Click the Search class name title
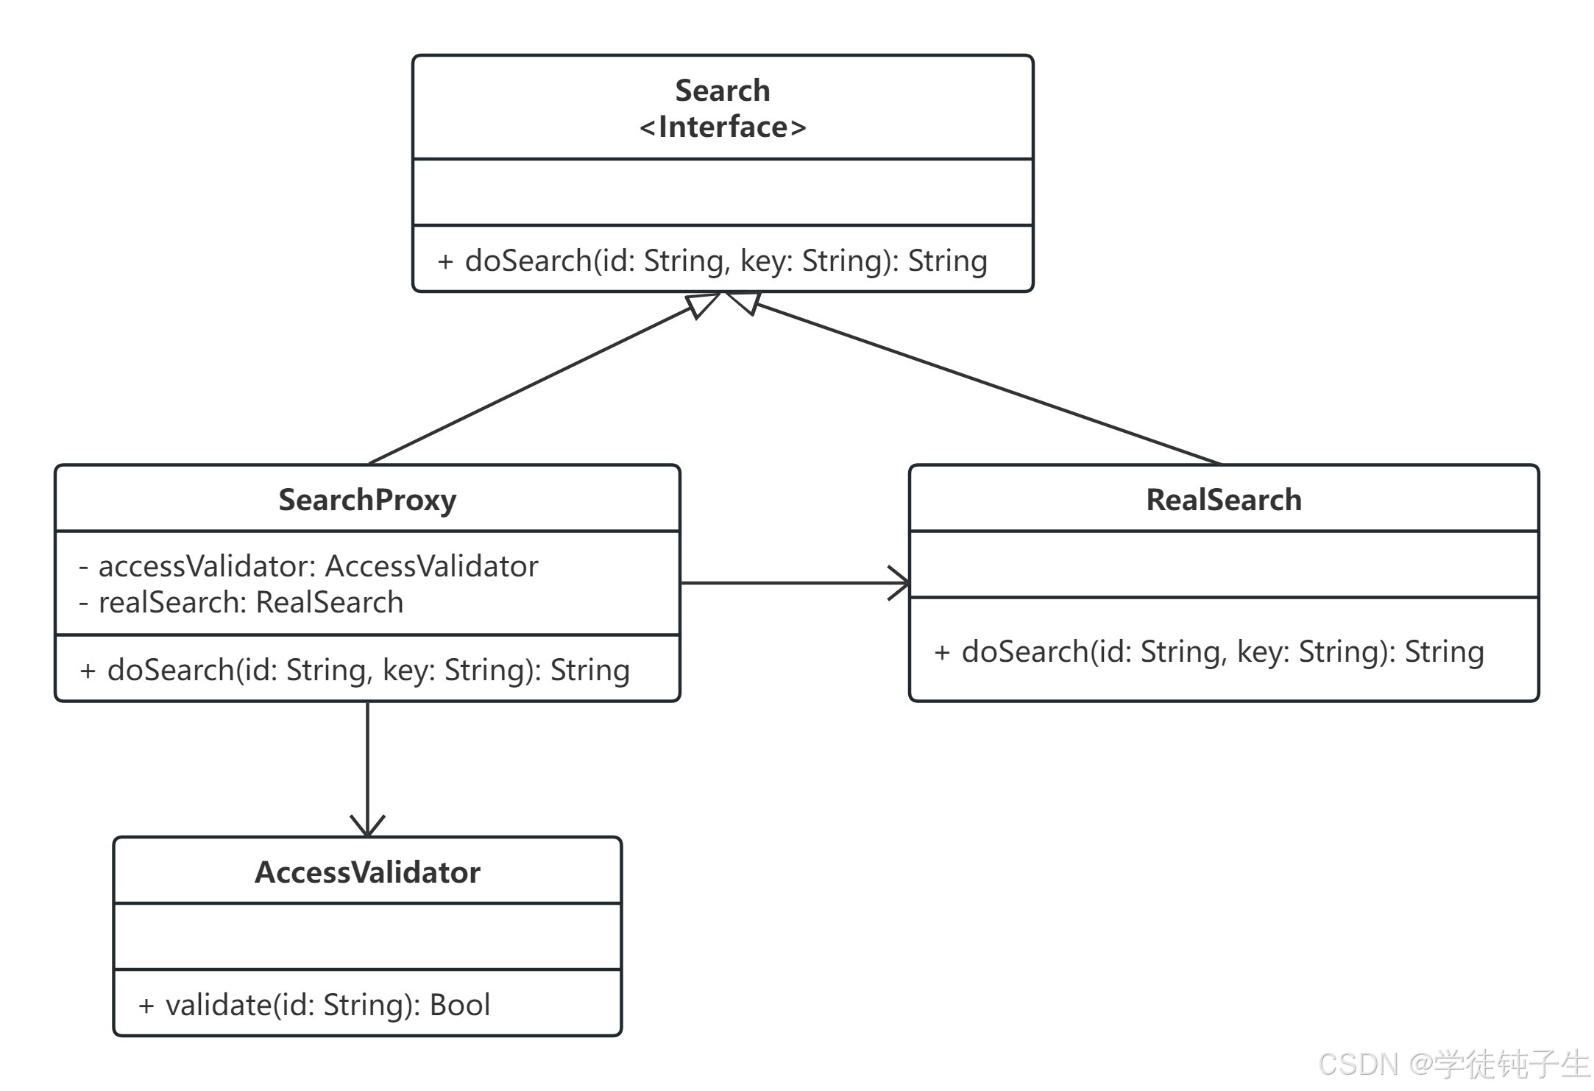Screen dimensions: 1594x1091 point(723,91)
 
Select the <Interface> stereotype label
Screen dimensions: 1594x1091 point(723,127)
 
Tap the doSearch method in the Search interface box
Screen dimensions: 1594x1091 point(712,261)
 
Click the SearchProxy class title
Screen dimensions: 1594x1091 point(367,500)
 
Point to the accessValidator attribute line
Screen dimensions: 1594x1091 point(308,566)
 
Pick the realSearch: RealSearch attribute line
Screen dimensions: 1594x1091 point(241,602)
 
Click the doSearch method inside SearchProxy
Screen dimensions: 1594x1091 point(355,670)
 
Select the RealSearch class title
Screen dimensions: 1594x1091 point(1224,500)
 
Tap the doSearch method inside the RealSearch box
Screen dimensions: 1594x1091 point(1209,652)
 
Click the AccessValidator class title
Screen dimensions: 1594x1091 point(367,872)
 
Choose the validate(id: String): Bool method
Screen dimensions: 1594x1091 point(314,1005)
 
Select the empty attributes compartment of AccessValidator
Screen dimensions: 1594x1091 point(367,936)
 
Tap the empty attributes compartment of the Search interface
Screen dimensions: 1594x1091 point(723,192)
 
